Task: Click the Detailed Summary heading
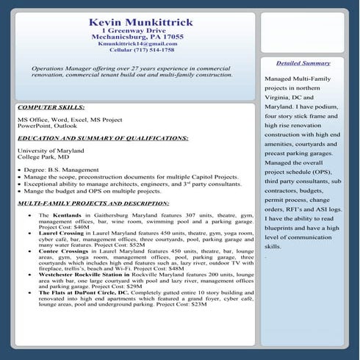[303, 63]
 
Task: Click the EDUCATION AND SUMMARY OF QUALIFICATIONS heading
[102, 138]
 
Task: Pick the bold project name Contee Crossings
[67, 250]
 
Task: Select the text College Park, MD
[43, 157]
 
